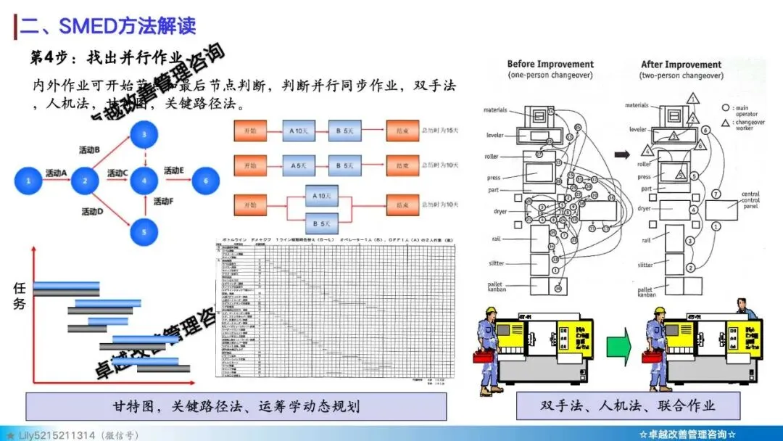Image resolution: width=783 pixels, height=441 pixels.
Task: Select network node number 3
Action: [x=145, y=134]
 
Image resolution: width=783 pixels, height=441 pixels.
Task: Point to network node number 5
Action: [x=145, y=232]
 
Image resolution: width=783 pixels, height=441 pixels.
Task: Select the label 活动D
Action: [x=91, y=212]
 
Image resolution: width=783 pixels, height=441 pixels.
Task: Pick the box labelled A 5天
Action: [x=299, y=165]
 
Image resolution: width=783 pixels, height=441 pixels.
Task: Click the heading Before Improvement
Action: [x=550, y=65]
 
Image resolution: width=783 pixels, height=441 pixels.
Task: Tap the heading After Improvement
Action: [x=681, y=65]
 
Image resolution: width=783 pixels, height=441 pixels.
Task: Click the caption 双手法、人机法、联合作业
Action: [x=628, y=405]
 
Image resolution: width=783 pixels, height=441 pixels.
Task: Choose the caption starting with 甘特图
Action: [x=236, y=405]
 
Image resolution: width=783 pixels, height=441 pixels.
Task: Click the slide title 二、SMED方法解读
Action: [x=107, y=26]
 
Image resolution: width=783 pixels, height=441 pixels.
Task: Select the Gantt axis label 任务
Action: [x=20, y=295]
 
